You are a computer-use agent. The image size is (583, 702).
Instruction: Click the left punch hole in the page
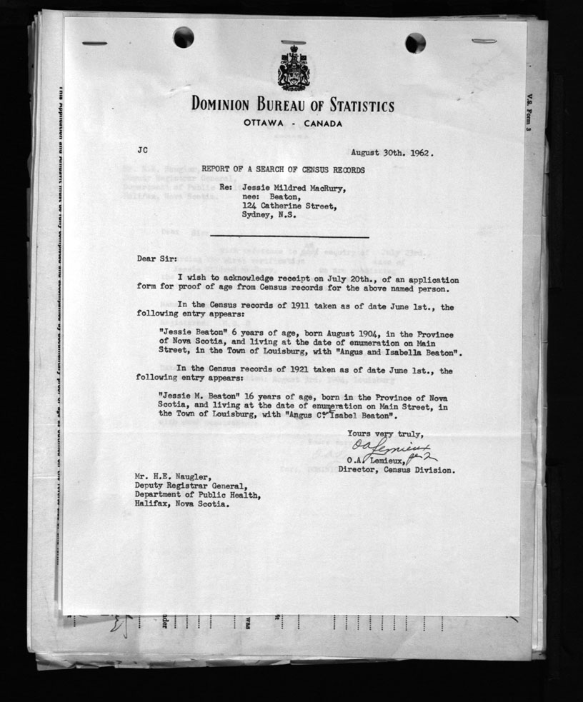183,36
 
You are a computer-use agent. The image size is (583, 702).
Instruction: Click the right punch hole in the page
415,43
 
